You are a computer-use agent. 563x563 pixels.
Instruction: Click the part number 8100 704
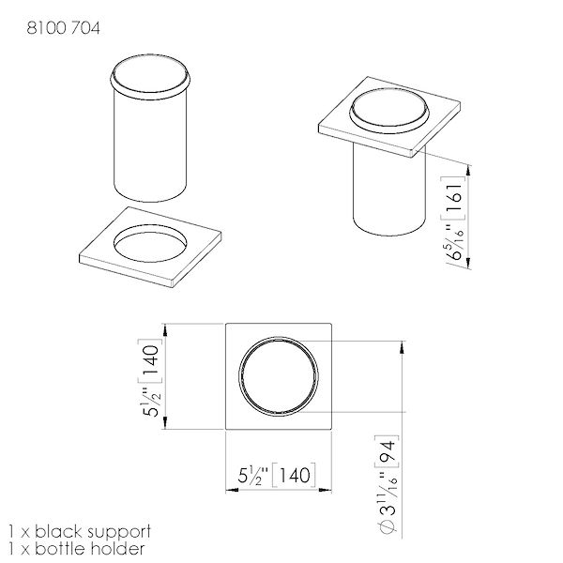click(x=63, y=28)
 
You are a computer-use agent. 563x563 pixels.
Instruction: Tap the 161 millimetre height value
click(x=453, y=198)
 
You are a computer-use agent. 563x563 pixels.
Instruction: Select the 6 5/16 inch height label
click(x=455, y=243)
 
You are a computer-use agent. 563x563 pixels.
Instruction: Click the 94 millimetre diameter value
click(x=387, y=451)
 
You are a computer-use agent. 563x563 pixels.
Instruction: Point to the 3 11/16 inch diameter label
click(x=388, y=495)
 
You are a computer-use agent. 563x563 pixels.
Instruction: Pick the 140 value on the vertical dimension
click(x=151, y=359)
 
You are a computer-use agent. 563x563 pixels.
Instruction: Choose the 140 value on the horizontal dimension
click(x=295, y=476)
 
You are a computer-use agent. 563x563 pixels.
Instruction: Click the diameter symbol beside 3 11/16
click(x=388, y=527)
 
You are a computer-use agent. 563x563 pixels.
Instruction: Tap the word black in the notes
click(x=59, y=531)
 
